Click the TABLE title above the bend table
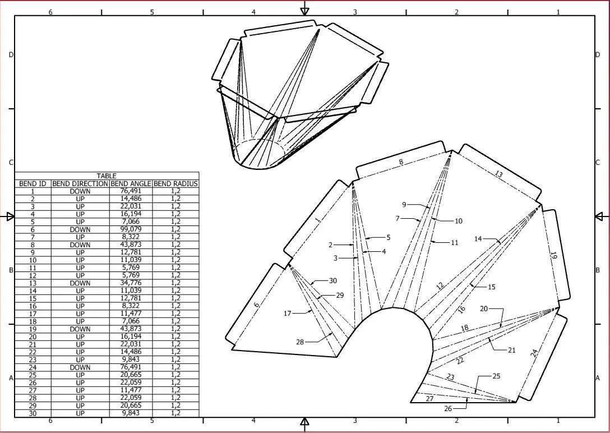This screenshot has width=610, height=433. (x=107, y=176)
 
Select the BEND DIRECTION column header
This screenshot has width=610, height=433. (x=80, y=183)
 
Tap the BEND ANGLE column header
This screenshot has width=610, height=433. (x=131, y=183)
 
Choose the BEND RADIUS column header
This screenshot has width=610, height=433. (x=175, y=183)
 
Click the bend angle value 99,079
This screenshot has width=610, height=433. (x=131, y=229)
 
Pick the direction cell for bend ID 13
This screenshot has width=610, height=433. (x=80, y=283)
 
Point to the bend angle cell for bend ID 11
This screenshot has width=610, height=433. (x=131, y=268)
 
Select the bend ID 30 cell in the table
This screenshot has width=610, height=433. (x=33, y=413)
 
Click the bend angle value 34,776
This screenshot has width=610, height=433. (x=131, y=283)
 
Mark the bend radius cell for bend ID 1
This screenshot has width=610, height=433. (x=175, y=191)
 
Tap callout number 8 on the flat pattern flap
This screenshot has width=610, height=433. (x=401, y=162)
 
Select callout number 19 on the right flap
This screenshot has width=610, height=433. (x=553, y=255)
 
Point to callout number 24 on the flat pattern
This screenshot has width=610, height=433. (x=534, y=353)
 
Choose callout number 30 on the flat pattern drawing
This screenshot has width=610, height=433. (x=333, y=281)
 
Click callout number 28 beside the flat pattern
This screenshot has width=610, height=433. (x=300, y=342)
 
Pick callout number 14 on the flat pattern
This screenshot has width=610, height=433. (x=478, y=239)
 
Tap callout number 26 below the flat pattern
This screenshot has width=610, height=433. (x=448, y=408)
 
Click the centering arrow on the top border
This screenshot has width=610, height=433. (x=305, y=8)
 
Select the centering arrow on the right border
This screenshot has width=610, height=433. (x=600, y=216)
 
